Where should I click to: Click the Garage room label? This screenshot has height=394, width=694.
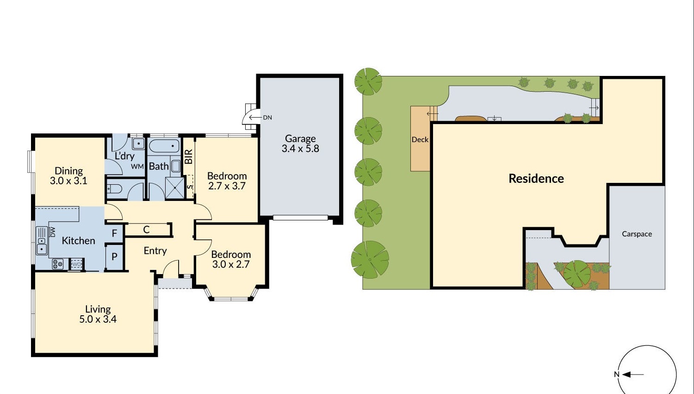(x=300, y=138)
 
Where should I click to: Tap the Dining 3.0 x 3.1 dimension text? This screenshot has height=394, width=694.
(x=69, y=181)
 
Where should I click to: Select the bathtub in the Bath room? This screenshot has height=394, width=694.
(x=164, y=146)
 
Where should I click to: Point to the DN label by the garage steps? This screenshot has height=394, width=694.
(x=267, y=118)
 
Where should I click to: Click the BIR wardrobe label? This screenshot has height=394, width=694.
(x=189, y=156)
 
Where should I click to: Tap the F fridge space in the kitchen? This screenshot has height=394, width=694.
(x=114, y=233)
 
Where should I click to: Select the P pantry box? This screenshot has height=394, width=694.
(x=114, y=257)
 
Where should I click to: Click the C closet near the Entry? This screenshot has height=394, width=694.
(x=147, y=230)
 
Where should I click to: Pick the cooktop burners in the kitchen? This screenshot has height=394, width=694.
(x=58, y=264)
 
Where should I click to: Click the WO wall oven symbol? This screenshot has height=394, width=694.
(x=76, y=264)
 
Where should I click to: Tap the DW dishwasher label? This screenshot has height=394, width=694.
(x=53, y=232)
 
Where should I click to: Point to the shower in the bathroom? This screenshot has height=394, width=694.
(x=175, y=188)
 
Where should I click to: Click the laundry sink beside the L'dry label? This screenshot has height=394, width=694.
(x=138, y=144)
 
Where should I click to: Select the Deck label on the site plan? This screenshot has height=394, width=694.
(x=420, y=140)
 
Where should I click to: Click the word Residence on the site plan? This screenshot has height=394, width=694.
(x=536, y=179)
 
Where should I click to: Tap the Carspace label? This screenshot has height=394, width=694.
(x=637, y=234)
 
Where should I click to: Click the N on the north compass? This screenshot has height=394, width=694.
(x=617, y=375)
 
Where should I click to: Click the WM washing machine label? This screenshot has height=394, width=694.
(x=137, y=167)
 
